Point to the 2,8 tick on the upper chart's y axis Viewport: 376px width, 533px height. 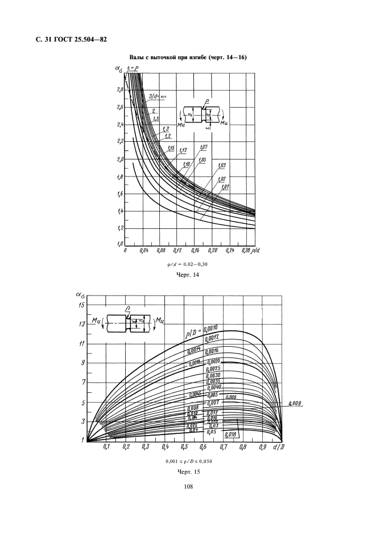[118, 89]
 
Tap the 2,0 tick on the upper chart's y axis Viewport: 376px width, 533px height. [118, 159]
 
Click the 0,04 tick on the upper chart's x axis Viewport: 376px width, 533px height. [144, 250]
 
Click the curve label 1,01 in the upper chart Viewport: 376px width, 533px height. [226, 186]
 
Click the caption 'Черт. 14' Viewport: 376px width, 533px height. [187, 274]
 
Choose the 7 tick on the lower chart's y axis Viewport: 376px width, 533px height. [84, 382]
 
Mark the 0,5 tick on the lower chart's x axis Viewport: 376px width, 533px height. [184, 448]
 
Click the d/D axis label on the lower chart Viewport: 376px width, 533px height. [280, 448]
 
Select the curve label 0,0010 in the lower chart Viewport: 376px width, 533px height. [210, 329]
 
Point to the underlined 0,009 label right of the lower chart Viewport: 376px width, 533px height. [296, 403]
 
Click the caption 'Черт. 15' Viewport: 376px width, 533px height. [187, 471]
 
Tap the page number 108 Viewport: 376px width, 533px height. [187, 487]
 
